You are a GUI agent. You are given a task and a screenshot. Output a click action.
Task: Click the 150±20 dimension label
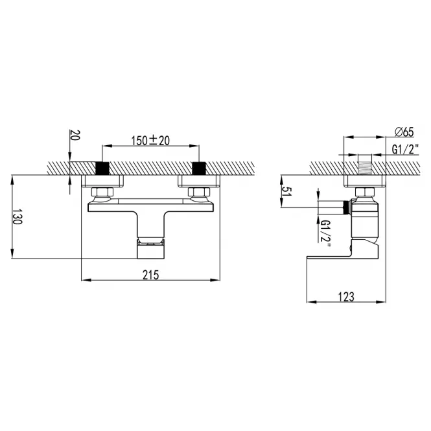coord(150,141)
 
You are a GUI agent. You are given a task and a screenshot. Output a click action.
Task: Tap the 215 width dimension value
coord(150,275)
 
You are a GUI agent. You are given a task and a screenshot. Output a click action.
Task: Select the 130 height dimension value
coord(17,216)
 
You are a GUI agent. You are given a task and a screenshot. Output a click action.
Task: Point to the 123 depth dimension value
coord(346,297)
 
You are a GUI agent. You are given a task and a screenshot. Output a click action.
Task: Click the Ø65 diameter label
coord(404,132)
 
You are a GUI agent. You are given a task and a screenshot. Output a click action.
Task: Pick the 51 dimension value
coord(287,191)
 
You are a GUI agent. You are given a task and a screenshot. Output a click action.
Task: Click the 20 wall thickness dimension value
coord(75,135)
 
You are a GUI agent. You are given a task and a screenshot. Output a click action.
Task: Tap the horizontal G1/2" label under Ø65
coord(405,150)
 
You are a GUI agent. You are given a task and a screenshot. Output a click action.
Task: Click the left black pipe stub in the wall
coord(102,169)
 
